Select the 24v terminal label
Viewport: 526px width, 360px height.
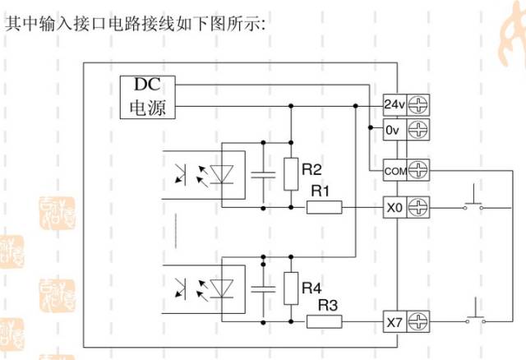[x=394, y=105]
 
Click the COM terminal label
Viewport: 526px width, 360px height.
[x=394, y=171]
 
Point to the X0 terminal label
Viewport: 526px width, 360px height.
[x=394, y=208]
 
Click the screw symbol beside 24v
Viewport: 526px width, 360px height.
[x=419, y=105]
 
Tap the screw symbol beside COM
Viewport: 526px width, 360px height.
[x=419, y=171]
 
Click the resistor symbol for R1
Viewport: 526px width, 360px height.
[x=325, y=208]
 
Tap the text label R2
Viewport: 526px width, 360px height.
[x=311, y=170]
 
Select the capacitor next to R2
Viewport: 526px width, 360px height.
[x=264, y=173]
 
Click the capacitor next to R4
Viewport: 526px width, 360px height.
[x=264, y=288]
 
